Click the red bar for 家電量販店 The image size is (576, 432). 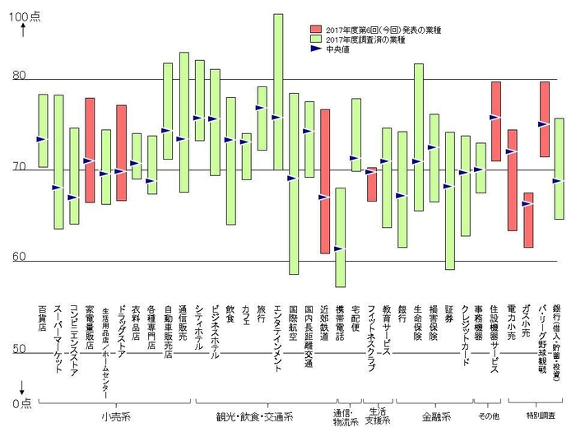[90, 150]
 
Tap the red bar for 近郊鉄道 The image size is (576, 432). [325, 181]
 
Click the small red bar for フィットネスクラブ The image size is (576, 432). [372, 183]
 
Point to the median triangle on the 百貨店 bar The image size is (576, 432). [42, 139]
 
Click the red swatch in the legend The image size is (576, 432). [314, 29]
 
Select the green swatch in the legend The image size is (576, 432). [314, 39]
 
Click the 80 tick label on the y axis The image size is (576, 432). [18, 77]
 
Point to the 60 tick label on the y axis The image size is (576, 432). [18, 257]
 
